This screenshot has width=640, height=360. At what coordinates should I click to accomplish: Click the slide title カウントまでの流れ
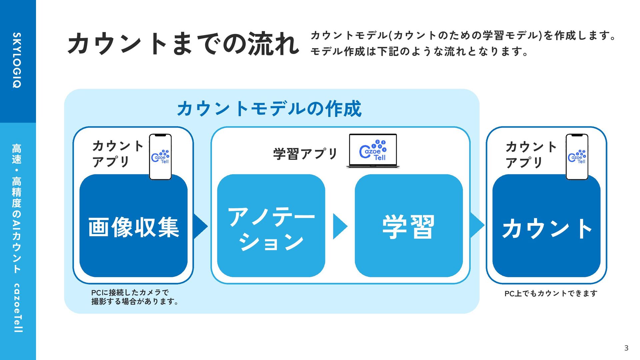(183, 44)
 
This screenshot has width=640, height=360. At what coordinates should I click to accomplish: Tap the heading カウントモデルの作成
(269, 109)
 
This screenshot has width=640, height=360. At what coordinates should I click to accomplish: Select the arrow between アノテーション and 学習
(340, 227)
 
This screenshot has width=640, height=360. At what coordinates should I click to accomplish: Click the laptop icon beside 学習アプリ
(373, 151)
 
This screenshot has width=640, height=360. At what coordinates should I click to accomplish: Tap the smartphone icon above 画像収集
(160, 157)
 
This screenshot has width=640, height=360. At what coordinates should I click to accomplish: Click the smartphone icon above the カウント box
(577, 157)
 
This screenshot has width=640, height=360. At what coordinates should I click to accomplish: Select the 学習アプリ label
(305, 154)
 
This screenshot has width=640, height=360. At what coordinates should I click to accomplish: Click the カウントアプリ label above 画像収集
(117, 154)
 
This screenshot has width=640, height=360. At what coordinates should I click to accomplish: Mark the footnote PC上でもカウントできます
(551, 293)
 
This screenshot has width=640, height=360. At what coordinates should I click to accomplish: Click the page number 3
(626, 348)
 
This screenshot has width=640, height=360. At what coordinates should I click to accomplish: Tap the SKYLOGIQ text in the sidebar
(17, 60)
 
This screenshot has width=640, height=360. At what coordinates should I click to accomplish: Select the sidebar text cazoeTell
(17, 308)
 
